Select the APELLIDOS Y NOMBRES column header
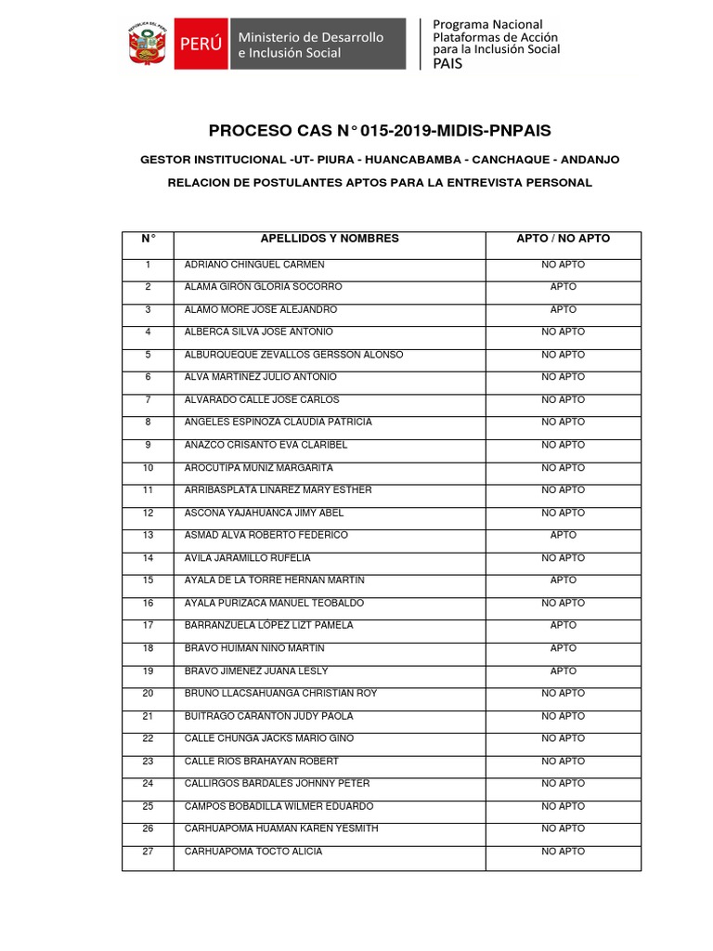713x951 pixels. pyautogui.click(x=330, y=239)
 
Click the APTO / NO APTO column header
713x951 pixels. pyautogui.click(x=563, y=239)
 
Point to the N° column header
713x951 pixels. pyautogui.click(x=148, y=239)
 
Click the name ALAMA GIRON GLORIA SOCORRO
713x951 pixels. pyautogui.click(x=264, y=287)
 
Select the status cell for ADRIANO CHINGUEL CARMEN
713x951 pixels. pyautogui.click(x=563, y=265)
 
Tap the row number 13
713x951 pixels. pyautogui.click(x=148, y=535)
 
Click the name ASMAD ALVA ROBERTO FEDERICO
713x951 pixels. pyautogui.click(x=266, y=535)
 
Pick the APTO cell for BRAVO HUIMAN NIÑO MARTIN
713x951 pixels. pyautogui.click(x=563, y=648)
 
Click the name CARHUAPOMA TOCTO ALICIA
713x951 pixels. pyautogui.click(x=253, y=852)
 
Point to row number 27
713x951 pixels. pyautogui.click(x=148, y=852)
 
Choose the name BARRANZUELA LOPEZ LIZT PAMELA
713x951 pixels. pyautogui.click(x=268, y=626)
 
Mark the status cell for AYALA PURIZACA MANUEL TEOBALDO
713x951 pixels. pyautogui.click(x=563, y=604)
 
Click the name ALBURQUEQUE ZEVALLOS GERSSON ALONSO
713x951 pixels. pyautogui.click(x=294, y=355)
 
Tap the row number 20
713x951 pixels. pyautogui.click(x=148, y=694)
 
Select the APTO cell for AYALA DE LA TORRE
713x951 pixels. pyautogui.click(x=563, y=580)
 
